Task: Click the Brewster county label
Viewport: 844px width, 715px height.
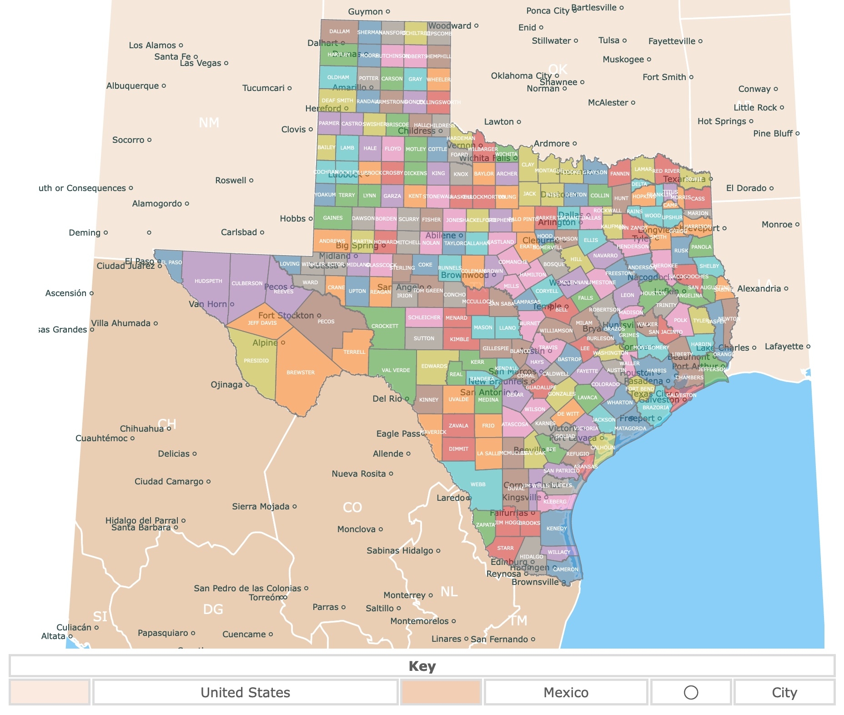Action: coord(300,373)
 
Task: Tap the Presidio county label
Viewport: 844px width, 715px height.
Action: coord(256,361)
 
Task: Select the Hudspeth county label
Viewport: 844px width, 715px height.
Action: coord(208,281)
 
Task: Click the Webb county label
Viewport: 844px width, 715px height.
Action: coord(478,484)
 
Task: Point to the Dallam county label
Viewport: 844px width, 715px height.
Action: coord(339,31)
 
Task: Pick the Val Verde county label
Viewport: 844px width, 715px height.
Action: coord(396,370)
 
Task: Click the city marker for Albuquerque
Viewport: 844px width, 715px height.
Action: coord(164,86)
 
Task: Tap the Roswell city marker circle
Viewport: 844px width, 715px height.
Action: coord(251,181)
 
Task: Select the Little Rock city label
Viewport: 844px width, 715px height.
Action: coord(755,108)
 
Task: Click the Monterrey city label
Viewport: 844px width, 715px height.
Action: coord(404,595)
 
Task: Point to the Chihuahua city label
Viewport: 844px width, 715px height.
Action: coord(141,429)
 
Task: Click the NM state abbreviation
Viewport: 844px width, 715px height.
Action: coord(209,123)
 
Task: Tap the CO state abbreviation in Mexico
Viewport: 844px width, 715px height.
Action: coord(352,508)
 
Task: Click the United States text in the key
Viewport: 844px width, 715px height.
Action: coord(245,692)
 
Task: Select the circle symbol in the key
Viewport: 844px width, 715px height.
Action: coord(691,692)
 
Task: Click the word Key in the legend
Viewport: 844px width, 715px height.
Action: coord(422,666)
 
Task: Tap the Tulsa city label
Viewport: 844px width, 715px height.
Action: coord(608,40)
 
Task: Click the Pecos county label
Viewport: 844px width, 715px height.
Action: coord(326,322)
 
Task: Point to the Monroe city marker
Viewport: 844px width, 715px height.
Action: coord(797,224)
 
